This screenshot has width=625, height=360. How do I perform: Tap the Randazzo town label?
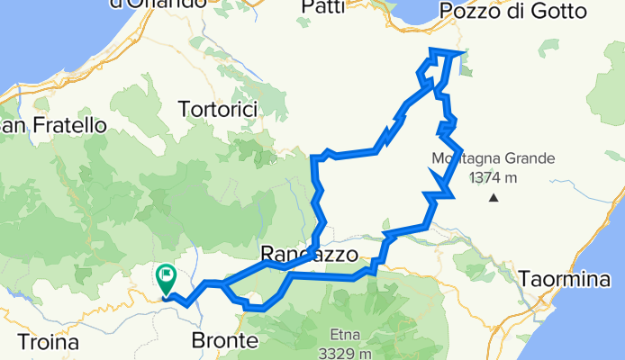click(303, 254)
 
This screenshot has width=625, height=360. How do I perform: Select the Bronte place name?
click(224, 341)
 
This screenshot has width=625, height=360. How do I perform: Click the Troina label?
click(48, 342)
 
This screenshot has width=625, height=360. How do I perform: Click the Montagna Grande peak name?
click(492, 158)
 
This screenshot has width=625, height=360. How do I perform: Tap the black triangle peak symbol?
click(493, 196)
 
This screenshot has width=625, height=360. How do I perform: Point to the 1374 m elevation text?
click(492, 177)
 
